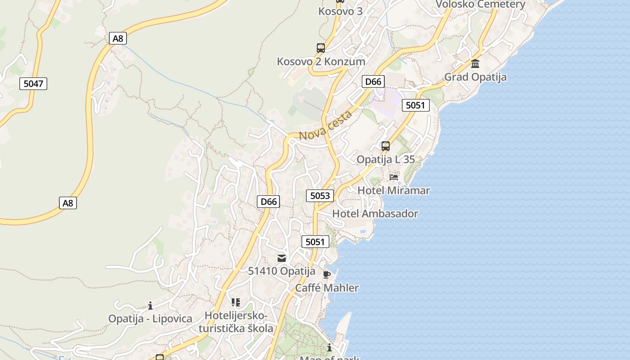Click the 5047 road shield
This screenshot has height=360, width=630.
pyautogui.click(x=33, y=83)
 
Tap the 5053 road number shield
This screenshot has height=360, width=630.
pyautogui.click(x=320, y=195)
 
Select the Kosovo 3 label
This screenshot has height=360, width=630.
pyautogui.click(x=340, y=11)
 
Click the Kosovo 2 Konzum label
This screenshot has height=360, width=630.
pyautogui.click(x=321, y=61)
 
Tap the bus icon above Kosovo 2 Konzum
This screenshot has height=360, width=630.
pyautogui.click(x=321, y=48)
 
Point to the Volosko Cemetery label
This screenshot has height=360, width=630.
pyautogui.click(x=480, y=4)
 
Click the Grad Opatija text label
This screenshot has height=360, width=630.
pyautogui.click(x=475, y=77)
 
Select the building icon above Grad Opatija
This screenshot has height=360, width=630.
pyautogui.click(x=475, y=63)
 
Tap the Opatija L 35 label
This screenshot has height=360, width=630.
pyautogui.click(x=386, y=159)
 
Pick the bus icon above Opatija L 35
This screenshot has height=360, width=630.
pyautogui.click(x=386, y=146)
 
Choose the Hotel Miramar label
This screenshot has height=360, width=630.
pyautogui.click(x=393, y=190)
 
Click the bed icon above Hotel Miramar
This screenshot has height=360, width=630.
pyautogui.click(x=394, y=177)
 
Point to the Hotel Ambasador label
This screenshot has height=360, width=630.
pyautogui.click(x=375, y=214)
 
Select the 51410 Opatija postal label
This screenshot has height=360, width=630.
pyautogui.click(x=282, y=271)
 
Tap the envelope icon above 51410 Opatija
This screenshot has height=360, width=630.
pyautogui.click(x=282, y=258)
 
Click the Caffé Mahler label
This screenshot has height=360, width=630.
pyautogui.click(x=327, y=288)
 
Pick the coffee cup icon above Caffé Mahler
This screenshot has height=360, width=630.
pyautogui.click(x=327, y=274)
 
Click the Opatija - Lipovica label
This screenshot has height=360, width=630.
pyautogui.click(x=150, y=319)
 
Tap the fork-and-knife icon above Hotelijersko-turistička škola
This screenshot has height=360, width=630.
pyautogui.click(x=236, y=302)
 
